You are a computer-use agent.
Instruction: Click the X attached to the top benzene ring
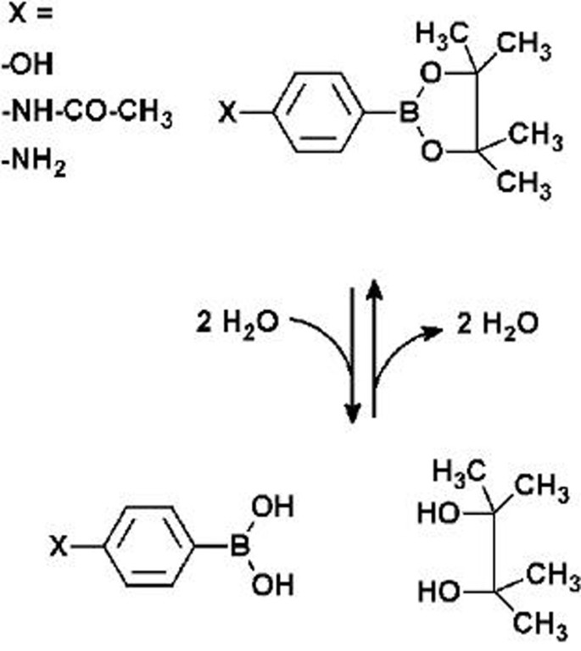[224, 113]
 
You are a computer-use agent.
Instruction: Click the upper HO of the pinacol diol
[439, 515]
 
